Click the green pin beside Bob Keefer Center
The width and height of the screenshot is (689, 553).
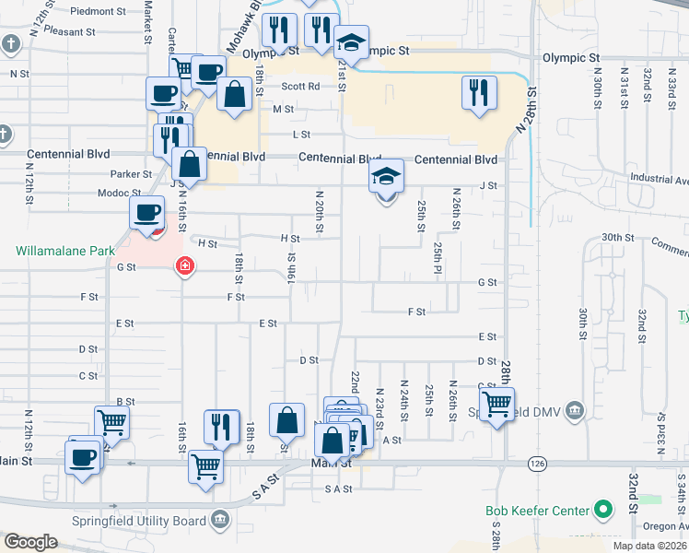click(603, 509)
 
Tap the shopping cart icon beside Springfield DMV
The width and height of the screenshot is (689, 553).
click(496, 404)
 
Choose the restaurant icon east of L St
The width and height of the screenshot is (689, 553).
click(479, 92)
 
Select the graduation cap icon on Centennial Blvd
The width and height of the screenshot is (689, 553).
click(387, 177)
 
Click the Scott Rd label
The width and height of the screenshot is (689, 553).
click(300, 86)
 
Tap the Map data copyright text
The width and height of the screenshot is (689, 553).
click(648, 546)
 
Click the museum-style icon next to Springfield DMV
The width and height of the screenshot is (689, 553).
click(575, 409)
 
